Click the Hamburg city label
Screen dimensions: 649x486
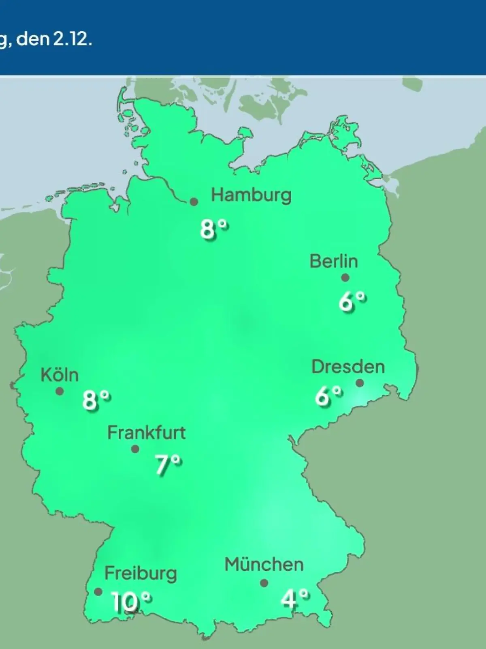tap(251, 196)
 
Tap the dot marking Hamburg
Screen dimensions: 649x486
tap(194, 202)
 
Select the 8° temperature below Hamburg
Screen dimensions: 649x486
tap(214, 229)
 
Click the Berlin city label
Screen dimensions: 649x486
tap(334, 261)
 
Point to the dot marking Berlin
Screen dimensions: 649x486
tap(345, 278)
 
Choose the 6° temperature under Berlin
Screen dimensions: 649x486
tap(352, 301)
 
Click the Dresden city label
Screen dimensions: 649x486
tap(348, 367)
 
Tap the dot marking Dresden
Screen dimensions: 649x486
tap(360, 383)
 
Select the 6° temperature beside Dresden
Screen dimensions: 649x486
tap(328, 396)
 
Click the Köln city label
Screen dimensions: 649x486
tap(60, 375)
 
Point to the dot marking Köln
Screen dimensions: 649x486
tap(60, 391)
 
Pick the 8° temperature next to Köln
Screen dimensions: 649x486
tap(96, 400)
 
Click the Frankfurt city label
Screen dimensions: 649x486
tap(146, 433)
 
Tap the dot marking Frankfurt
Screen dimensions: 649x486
tap(135, 449)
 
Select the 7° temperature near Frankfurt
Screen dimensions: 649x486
tap(168, 464)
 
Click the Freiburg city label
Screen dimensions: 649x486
tap(141, 574)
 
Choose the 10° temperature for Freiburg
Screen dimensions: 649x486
tap(131, 602)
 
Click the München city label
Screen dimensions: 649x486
tap(264, 565)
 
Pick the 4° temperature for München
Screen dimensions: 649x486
tap(295, 599)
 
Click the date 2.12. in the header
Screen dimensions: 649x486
tap(71, 40)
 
